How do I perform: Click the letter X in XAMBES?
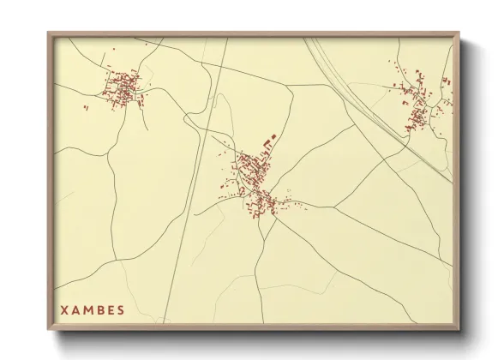[x=64, y=310]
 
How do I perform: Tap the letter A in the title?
[x=76, y=310]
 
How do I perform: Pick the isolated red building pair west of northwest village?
[x=86, y=107]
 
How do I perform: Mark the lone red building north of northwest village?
[x=111, y=50]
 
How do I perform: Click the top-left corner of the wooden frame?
[x=49, y=33]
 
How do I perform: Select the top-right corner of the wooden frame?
[x=459, y=33]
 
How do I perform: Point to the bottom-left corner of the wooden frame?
[x=49, y=329]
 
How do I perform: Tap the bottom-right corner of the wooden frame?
[x=459, y=329]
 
